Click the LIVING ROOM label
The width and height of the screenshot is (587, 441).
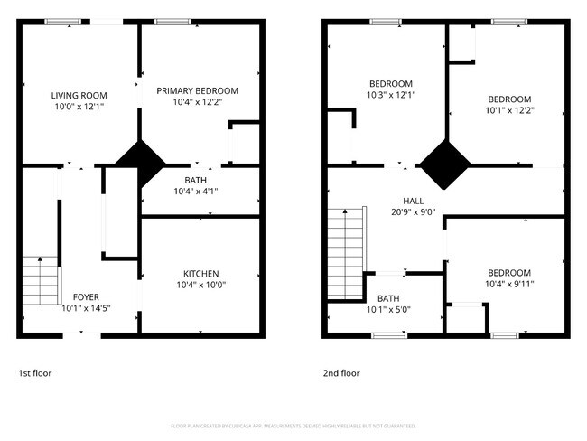79,93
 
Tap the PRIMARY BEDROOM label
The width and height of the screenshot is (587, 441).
197,90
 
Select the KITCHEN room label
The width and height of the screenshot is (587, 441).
200,274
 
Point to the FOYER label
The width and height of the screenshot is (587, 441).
86,296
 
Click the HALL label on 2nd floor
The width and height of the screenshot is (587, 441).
414,201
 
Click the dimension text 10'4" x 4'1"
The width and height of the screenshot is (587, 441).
195,191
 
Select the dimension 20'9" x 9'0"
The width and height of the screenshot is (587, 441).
414,212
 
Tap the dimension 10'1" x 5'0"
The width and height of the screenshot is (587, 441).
388,310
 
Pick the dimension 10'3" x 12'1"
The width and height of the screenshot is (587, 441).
390,95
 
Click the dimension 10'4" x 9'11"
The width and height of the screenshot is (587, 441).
509,285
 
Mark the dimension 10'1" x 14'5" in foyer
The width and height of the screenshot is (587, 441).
86,308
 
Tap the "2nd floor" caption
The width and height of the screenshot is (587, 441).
341,372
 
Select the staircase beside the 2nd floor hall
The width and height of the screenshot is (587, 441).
344,253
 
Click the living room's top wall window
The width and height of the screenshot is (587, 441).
62,22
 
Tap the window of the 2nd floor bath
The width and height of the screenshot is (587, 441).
389,335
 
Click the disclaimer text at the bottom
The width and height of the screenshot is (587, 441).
293,426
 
